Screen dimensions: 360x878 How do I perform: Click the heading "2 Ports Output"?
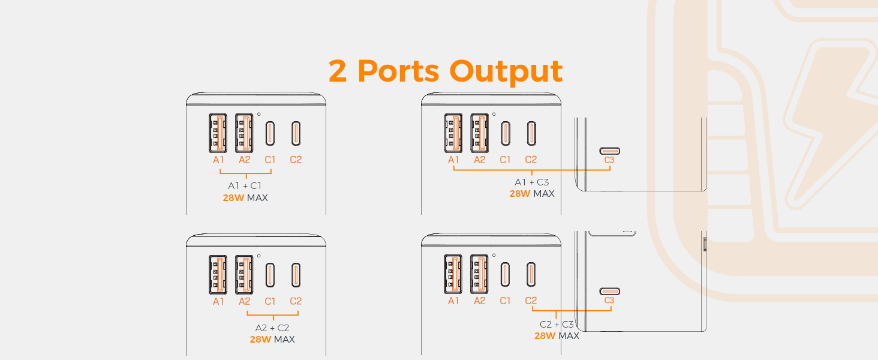pos(445,71)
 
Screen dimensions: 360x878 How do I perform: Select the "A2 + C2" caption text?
pos(272,328)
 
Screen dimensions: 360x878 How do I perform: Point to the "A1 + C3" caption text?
pos(531,182)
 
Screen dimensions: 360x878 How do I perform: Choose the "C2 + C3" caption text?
pos(557,325)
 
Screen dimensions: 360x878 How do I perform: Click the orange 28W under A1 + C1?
pos(233,197)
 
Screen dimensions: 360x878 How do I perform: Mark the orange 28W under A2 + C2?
pos(261,340)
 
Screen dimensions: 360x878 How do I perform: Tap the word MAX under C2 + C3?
pos(569,336)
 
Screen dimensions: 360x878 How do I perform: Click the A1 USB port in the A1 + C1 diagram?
pos(218,133)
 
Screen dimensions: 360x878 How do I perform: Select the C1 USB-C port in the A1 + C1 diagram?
pos(270,133)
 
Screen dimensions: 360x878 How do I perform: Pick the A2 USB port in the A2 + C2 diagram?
pos(244,274)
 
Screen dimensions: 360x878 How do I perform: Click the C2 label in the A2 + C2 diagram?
pos(296,301)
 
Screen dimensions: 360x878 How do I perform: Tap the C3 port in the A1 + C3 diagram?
pos(609,151)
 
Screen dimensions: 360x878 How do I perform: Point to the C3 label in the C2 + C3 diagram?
pos(609,301)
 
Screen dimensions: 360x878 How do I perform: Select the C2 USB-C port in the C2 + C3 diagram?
pos(531,274)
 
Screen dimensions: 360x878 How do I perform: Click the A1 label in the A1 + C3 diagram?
pos(453,160)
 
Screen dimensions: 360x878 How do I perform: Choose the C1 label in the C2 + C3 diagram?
pos(505,301)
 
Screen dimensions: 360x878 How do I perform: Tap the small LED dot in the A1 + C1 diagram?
pos(258,114)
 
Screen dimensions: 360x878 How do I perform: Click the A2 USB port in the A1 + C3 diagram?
pos(479,133)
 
